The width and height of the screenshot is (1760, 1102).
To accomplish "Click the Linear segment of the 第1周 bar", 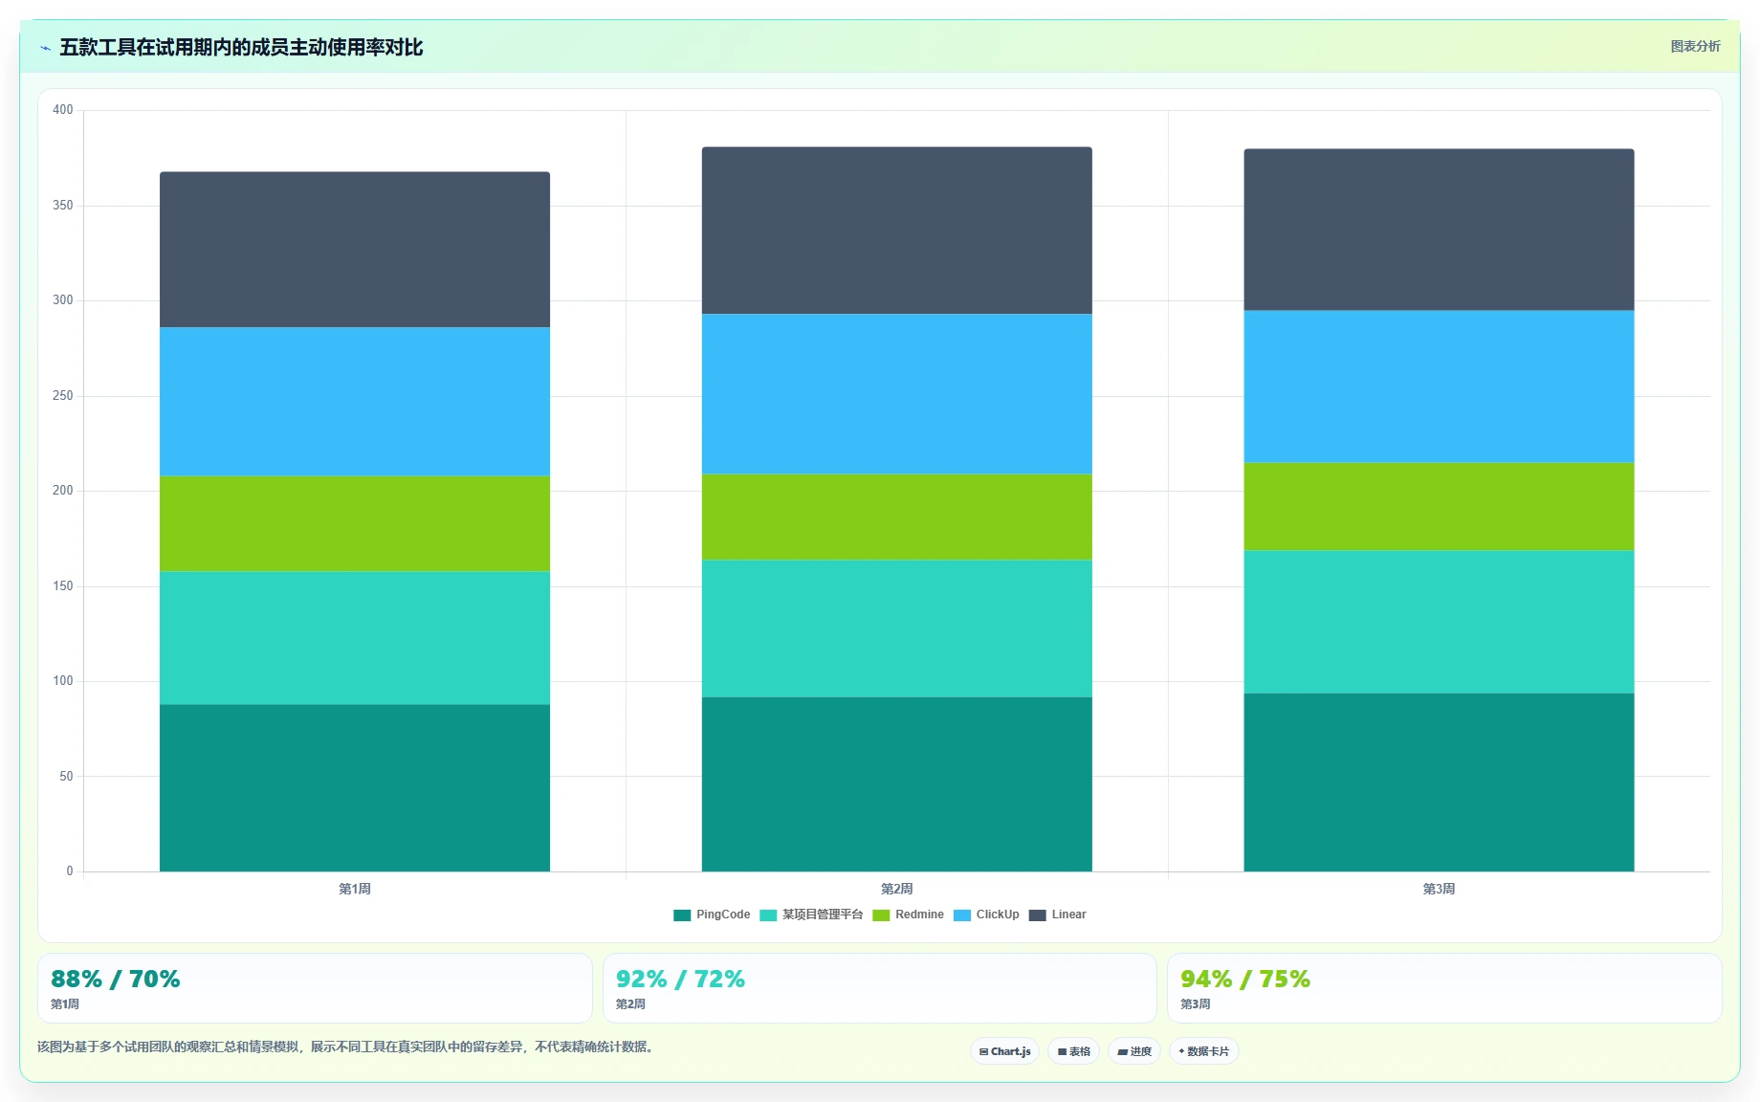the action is (x=355, y=250).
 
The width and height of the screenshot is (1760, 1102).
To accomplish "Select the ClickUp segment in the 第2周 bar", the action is (x=896, y=394).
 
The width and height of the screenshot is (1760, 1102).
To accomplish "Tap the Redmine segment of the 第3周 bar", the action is (x=1439, y=507).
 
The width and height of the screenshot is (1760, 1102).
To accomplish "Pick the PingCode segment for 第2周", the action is (x=896, y=784).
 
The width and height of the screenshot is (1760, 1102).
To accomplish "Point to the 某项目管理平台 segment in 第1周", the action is (x=355, y=638).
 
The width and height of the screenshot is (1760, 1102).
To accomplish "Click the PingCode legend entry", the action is (x=712, y=915).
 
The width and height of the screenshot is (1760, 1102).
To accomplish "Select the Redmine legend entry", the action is (x=908, y=915).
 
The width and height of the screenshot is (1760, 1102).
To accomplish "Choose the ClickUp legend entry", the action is (x=986, y=915).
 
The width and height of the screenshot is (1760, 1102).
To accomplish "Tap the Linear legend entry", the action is (x=1057, y=915).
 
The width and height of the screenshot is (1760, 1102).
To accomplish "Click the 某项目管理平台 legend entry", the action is (x=811, y=915).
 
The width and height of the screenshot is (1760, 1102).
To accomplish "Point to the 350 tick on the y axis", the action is (x=63, y=206).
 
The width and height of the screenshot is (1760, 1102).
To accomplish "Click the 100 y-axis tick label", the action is (x=63, y=681).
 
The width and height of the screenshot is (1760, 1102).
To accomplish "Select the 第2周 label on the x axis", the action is (x=896, y=889).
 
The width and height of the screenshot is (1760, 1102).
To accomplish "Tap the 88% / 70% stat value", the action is (x=116, y=979).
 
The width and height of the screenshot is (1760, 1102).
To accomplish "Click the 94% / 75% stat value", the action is (x=1245, y=979).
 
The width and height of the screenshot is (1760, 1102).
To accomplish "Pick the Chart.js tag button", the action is (x=1004, y=1051).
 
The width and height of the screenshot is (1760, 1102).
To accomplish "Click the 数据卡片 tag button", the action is (x=1203, y=1051).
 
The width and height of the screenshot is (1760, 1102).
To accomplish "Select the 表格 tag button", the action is (x=1073, y=1051).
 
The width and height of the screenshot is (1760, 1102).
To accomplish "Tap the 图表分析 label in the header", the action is (x=1695, y=46).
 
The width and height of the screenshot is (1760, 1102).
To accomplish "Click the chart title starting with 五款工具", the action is (x=241, y=47).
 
